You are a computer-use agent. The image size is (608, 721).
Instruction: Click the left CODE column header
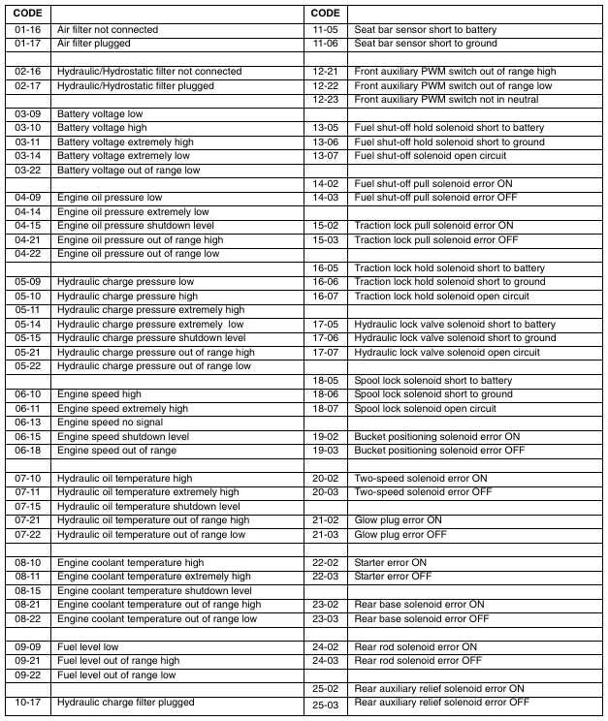27,14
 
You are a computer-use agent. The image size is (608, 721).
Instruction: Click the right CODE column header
326,14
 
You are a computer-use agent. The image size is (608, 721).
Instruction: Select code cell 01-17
27,44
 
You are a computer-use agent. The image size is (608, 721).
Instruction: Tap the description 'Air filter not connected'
107,30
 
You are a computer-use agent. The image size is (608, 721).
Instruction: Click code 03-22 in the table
27,171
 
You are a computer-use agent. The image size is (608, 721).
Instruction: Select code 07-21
27,520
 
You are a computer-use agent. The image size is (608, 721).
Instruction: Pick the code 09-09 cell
27,646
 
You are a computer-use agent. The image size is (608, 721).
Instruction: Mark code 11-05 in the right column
325,30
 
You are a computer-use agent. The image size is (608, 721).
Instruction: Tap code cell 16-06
325,282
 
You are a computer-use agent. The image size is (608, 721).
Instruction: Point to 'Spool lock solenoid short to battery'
432,381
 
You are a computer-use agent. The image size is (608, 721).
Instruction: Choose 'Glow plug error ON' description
400,520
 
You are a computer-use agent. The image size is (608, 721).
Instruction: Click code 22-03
325,577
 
